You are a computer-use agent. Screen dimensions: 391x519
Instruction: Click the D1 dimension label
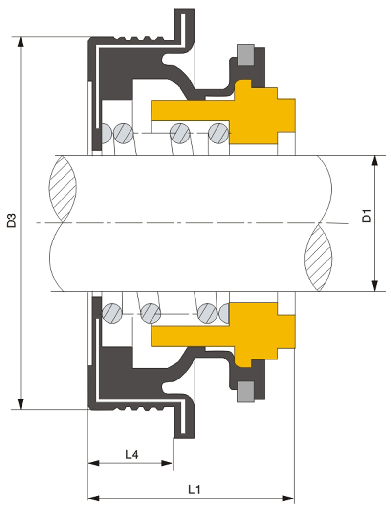tap(367, 216)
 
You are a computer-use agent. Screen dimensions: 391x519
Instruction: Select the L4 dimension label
tap(131, 455)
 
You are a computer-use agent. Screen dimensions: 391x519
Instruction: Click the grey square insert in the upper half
tap(245, 55)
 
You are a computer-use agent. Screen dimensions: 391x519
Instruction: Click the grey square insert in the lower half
tap(246, 391)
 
